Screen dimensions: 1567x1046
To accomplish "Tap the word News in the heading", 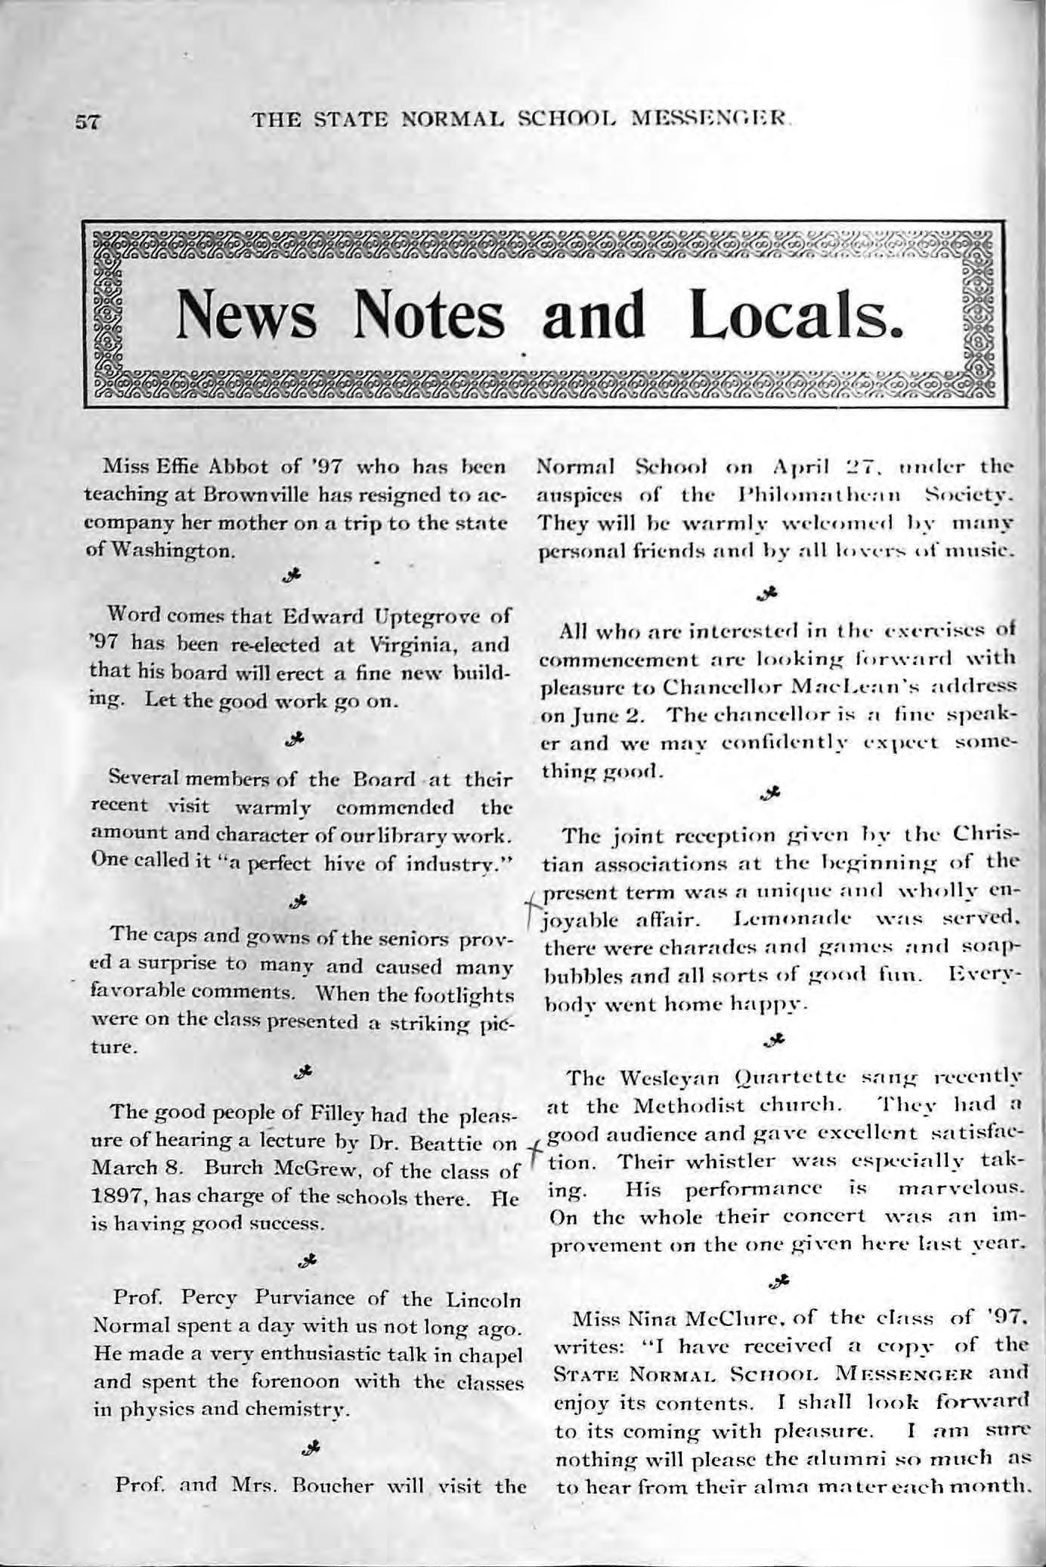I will pyautogui.click(x=247, y=315).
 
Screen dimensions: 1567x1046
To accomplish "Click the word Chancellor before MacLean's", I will pyautogui.click(x=723, y=690).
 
